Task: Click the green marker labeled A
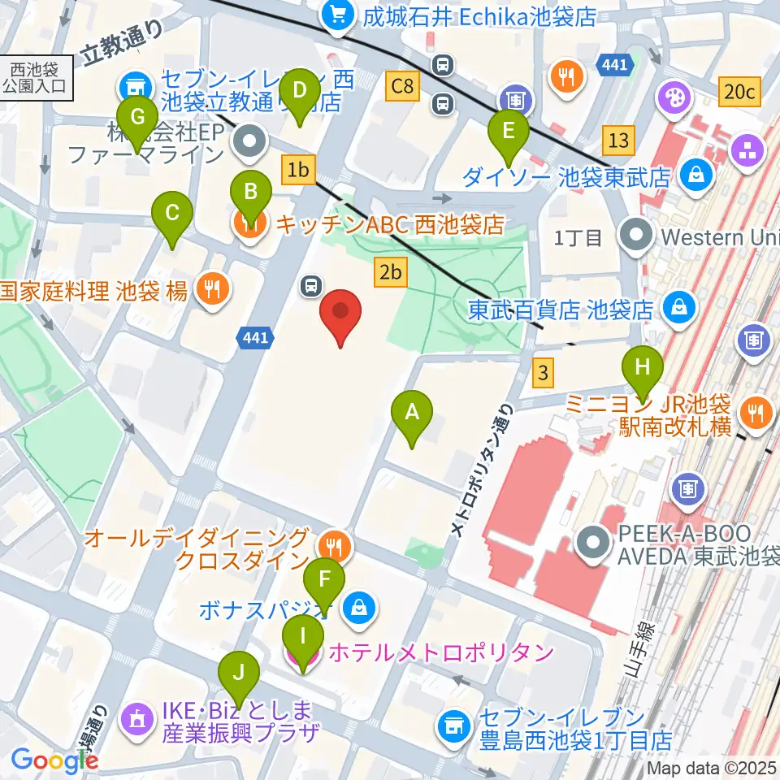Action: click(x=412, y=414)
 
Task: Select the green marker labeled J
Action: click(x=238, y=674)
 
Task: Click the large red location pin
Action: click(x=340, y=313)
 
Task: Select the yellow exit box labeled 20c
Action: click(x=739, y=93)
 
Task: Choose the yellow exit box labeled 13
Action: click(x=618, y=140)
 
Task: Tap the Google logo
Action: click(x=55, y=760)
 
